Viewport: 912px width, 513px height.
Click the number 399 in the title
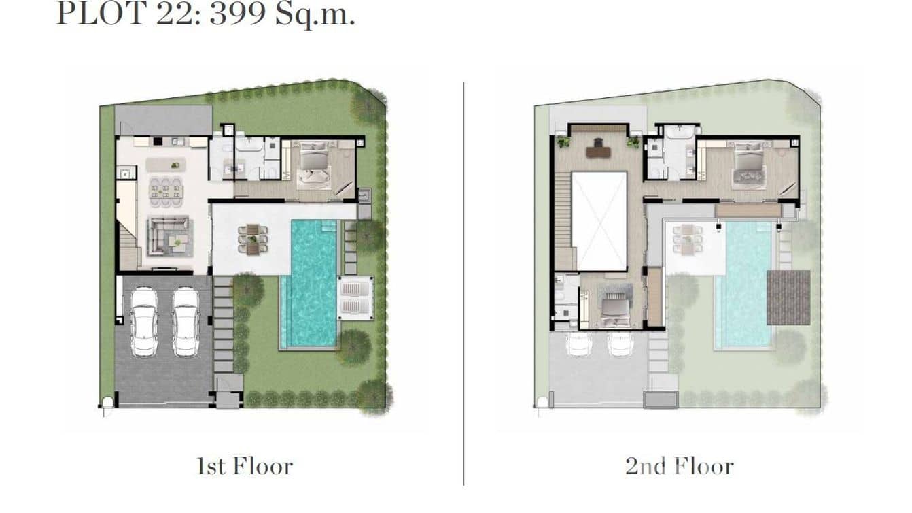236,14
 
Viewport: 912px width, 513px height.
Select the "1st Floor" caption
245,466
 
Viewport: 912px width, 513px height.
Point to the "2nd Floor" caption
680,466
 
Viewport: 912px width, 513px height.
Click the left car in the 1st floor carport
144,321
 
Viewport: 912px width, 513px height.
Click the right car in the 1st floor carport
185,321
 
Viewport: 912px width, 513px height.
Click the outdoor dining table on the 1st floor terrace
253,238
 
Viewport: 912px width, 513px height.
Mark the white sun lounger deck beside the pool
355,298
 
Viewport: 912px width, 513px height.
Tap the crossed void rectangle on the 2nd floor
599,221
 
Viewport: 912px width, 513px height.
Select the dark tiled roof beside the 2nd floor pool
788,297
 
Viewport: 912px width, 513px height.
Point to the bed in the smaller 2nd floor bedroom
615,308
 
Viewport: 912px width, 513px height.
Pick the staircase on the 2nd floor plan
564,221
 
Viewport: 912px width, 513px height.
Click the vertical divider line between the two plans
464,282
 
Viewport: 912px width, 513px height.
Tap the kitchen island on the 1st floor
166,164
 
